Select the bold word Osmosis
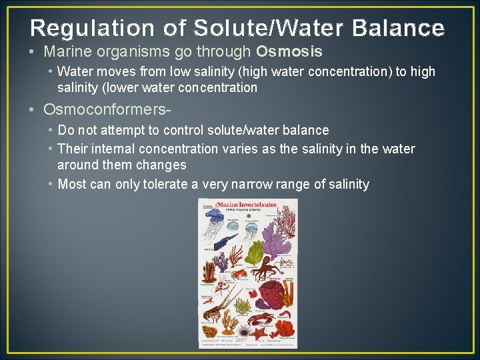click(x=289, y=51)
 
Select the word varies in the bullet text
click(x=240, y=149)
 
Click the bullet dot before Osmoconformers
click(x=33, y=109)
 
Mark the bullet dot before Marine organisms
click(x=33, y=51)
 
